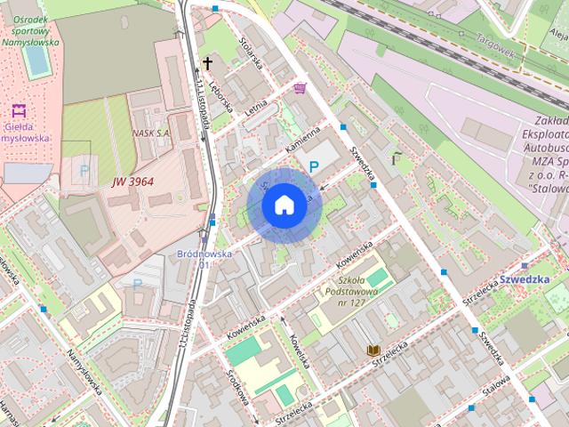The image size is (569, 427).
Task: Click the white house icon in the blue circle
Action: tap(284, 205)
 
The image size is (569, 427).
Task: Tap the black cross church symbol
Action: tap(208, 63)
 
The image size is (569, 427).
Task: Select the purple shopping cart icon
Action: tap(301, 88)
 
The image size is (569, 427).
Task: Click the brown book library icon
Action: tap(373, 350)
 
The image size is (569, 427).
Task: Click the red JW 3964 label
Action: tap(132, 181)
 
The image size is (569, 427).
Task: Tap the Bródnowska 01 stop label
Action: tap(204, 259)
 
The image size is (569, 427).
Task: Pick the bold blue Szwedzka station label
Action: tap(523, 278)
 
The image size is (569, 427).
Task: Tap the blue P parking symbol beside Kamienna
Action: tap(314, 166)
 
